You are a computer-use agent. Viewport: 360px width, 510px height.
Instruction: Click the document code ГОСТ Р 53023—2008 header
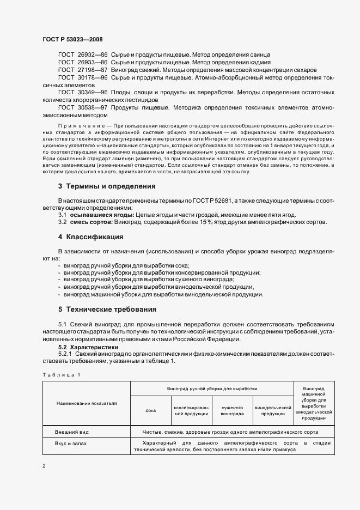[x=72, y=39]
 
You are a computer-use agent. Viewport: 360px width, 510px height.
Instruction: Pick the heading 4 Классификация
[x=90, y=237]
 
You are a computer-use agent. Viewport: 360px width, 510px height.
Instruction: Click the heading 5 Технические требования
[x=107, y=309]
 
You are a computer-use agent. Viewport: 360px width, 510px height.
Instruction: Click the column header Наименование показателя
[x=86, y=403]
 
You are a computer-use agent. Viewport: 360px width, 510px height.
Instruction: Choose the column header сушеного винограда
[x=232, y=410]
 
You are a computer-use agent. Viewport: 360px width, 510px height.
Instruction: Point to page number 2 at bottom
[x=44, y=466]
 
